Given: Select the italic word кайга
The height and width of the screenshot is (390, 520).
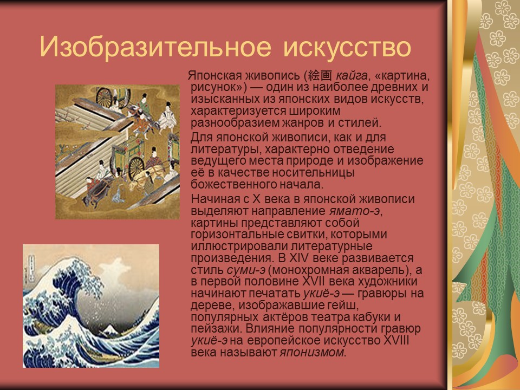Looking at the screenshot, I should click(350, 76).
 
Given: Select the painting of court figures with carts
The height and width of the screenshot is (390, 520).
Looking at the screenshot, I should click(117, 152).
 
